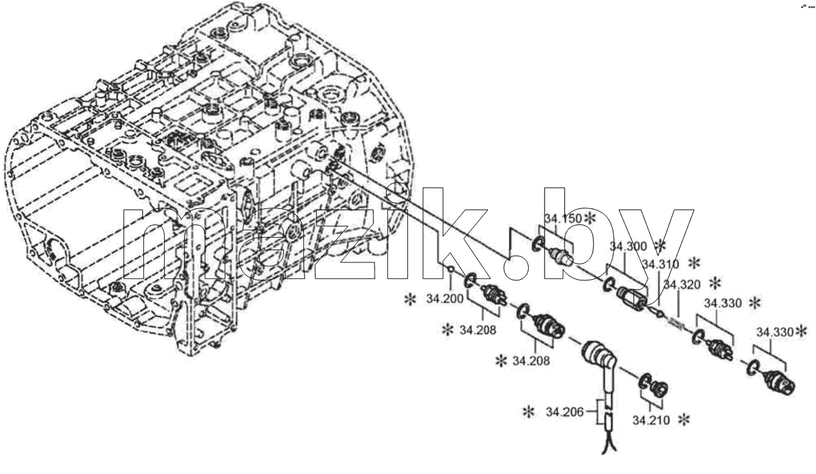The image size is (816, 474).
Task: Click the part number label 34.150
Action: tap(563, 218)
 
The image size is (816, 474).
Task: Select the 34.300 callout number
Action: tap(628, 246)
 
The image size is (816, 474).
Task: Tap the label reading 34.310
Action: tap(660, 264)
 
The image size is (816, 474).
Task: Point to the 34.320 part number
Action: tap(682, 284)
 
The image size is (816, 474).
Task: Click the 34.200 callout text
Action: tap(445, 298)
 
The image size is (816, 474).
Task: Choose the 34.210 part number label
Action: tap(651, 421)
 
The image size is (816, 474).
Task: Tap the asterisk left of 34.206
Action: tap(528, 412)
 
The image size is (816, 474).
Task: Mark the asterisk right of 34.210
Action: tap(684, 420)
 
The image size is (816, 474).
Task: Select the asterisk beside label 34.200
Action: tap(410, 300)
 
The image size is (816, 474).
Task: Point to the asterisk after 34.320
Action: tap(715, 283)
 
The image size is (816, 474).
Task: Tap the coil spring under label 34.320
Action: tap(677, 323)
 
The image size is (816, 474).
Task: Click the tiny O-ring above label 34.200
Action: tap(450, 269)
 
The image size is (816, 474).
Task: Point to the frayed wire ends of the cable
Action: tap(609, 446)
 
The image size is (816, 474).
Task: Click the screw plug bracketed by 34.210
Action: tap(659, 389)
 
